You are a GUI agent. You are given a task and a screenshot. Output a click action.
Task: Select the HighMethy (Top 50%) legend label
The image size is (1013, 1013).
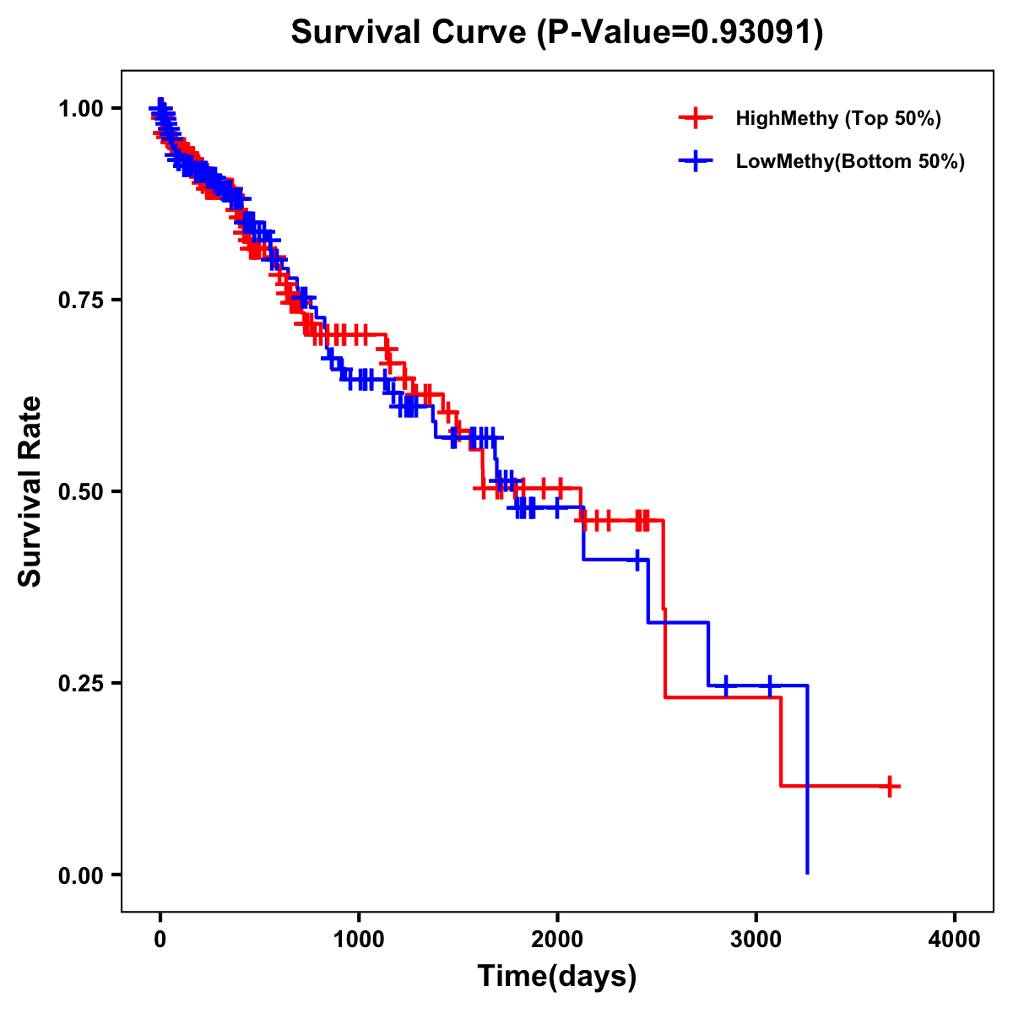tap(837, 118)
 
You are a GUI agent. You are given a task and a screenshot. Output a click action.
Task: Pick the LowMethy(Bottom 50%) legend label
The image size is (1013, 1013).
tap(849, 161)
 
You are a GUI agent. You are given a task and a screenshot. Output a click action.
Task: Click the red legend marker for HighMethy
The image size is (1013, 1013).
tap(696, 118)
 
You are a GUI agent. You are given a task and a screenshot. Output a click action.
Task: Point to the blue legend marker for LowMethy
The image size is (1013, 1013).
tap(696, 161)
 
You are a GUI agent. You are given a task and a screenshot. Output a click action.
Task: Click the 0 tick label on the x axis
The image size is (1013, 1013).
tap(160, 940)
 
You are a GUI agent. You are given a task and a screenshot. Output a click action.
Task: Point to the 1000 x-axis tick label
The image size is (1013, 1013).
tap(359, 940)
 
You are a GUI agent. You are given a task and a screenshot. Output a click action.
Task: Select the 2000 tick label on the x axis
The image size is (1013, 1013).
tap(557, 940)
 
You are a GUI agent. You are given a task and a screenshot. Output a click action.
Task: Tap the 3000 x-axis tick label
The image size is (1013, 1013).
tap(756, 940)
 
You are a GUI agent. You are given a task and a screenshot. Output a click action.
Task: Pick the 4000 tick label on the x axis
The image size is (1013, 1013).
tap(955, 940)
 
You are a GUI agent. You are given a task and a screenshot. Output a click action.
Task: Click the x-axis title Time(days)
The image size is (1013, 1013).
tap(557, 977)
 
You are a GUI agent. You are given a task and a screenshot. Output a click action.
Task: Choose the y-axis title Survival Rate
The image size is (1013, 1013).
tap(30, 491)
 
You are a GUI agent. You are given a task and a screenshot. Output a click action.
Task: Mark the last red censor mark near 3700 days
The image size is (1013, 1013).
tap(889, 786)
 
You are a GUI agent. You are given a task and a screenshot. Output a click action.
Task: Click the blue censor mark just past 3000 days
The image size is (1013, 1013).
tap(769, 685)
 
